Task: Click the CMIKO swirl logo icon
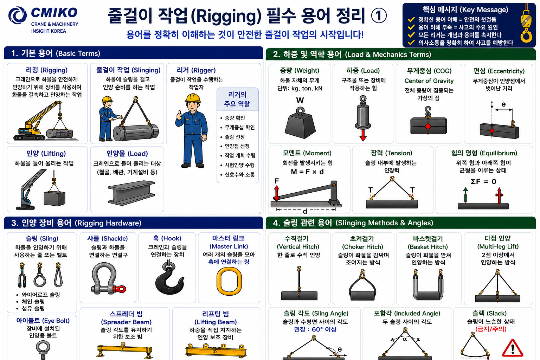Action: click(x=17, y=15)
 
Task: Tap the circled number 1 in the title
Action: click(x=379, y=16)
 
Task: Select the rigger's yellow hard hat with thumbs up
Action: click(x=193, y=98)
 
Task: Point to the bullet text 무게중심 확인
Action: click(x=240, y=127)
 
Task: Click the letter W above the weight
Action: click(x=300, y=100)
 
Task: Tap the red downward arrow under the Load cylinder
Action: click(x=363, y=135)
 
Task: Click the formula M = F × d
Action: click(x=307, y=172)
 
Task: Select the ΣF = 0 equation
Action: click(x=483, y=181)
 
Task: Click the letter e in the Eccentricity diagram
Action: click(x=503, y=104)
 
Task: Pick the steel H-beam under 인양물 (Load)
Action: click(x=131, y=193)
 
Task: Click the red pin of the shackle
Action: click(x=120, y=289)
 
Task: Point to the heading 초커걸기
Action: click(x=362, y=239)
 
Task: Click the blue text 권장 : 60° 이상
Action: click(x=315, y=329)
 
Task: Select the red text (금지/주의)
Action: click(x=491, y=329)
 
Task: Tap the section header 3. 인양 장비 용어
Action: click(x=41, y=223)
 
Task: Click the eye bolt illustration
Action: click(x=43, y=350)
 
